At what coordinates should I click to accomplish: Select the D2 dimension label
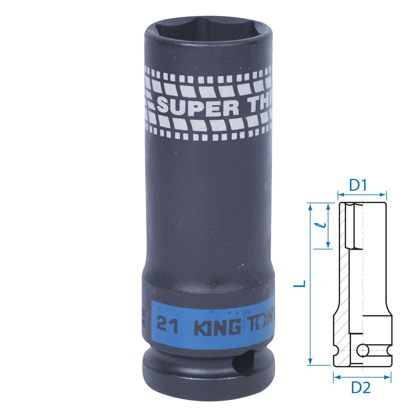[x=361, y=387]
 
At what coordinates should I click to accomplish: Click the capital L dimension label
[x=300, y=284]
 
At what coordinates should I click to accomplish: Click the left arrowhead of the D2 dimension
[x=336, y=377]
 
